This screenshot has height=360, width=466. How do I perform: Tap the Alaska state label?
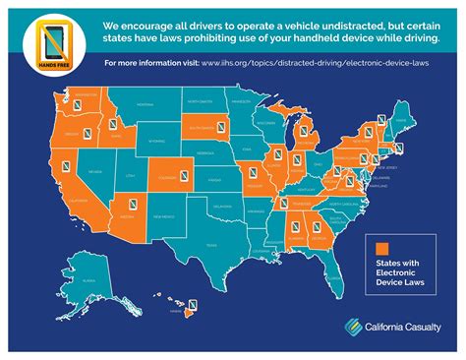click(x=87, y=280)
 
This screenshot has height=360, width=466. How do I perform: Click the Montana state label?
click(x=146, y=102)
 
